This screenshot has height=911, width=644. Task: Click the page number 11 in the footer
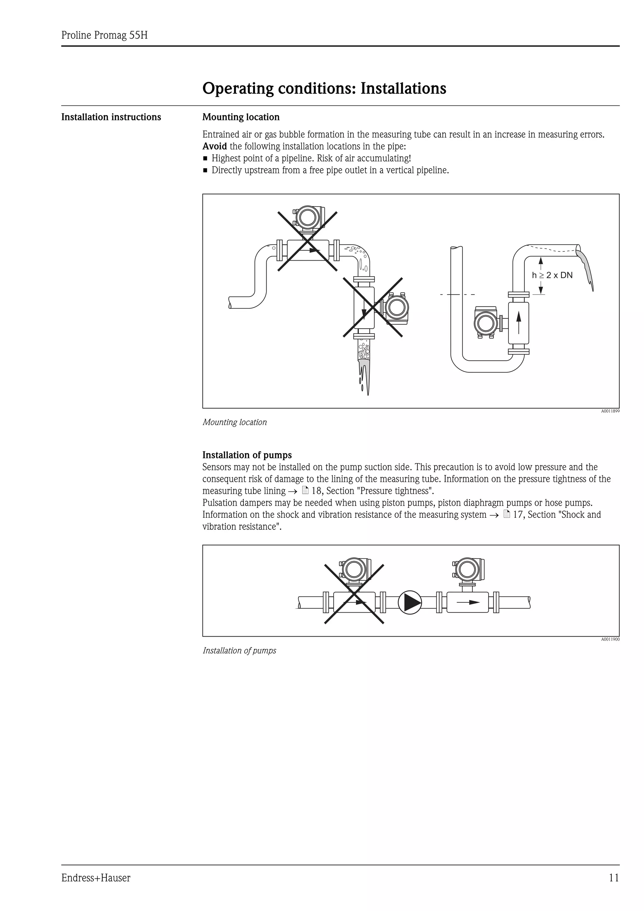coord(614,878)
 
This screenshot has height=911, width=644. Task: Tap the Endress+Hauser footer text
coord(96,878)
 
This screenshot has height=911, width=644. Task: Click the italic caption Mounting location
coord(235,422)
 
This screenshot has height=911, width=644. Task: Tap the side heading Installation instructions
coord(111,117)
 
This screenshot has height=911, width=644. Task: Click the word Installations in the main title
coord(403,88)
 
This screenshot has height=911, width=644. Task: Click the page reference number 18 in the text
coord(316,491)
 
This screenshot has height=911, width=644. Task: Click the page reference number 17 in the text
coord(518,515)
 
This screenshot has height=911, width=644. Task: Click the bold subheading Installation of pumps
coord(247,455)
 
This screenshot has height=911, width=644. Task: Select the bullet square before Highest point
coord(205,159)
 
